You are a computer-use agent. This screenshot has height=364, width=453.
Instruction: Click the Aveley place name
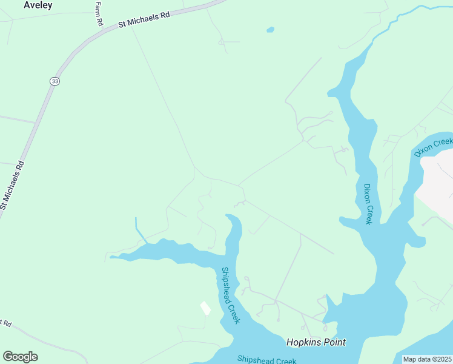point(38,5)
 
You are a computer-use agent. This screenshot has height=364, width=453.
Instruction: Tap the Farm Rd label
point(99,13)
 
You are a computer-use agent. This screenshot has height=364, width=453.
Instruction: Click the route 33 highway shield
point(55,81)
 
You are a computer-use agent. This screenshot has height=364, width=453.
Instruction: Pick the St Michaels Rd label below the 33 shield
point(12,185)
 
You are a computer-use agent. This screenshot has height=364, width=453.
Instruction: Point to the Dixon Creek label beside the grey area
point(434,147)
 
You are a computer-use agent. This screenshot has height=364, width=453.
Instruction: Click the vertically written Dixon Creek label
point(367,204)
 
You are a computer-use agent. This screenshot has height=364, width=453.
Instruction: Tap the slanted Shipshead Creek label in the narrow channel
point(230,296)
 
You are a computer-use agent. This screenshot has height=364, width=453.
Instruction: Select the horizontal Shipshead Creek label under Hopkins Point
point(266,360)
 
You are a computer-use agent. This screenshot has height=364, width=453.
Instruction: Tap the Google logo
point(20,357)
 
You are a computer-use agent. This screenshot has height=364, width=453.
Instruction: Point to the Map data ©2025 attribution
point(427,359)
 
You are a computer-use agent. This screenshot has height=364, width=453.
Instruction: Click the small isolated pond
point(270,29)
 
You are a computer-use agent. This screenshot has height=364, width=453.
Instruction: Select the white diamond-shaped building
point(206,308)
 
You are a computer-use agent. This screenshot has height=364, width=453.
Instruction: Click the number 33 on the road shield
point(55,81)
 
